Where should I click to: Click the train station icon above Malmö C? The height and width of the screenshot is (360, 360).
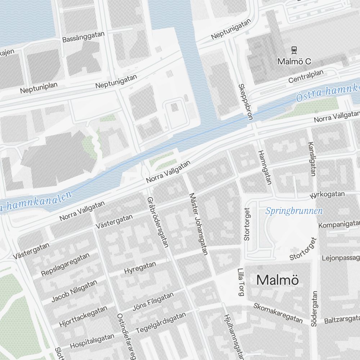[294, 50]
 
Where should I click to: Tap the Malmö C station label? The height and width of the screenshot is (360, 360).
[294, 62]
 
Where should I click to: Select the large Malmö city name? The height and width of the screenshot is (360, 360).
[278, 280]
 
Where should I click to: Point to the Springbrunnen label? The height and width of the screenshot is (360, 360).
[294, 211]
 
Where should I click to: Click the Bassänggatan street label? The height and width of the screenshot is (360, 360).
[84, 37]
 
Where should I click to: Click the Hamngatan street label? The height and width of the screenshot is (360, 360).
[264, 167]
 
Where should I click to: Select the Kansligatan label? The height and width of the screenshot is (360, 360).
[312, 159]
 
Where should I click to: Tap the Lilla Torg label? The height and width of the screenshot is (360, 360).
[241, 282]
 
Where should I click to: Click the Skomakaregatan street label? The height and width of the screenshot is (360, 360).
[278, 313]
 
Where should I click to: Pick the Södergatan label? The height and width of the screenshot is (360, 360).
[314, 309]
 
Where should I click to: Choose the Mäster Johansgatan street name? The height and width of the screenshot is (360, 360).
[198, 224]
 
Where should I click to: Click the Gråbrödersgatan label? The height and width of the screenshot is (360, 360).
[158, 222]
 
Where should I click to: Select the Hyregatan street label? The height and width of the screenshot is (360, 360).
[140, 268]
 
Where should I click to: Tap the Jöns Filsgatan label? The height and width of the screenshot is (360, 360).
[153, 302]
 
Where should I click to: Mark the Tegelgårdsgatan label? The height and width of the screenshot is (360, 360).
[161, 323]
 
